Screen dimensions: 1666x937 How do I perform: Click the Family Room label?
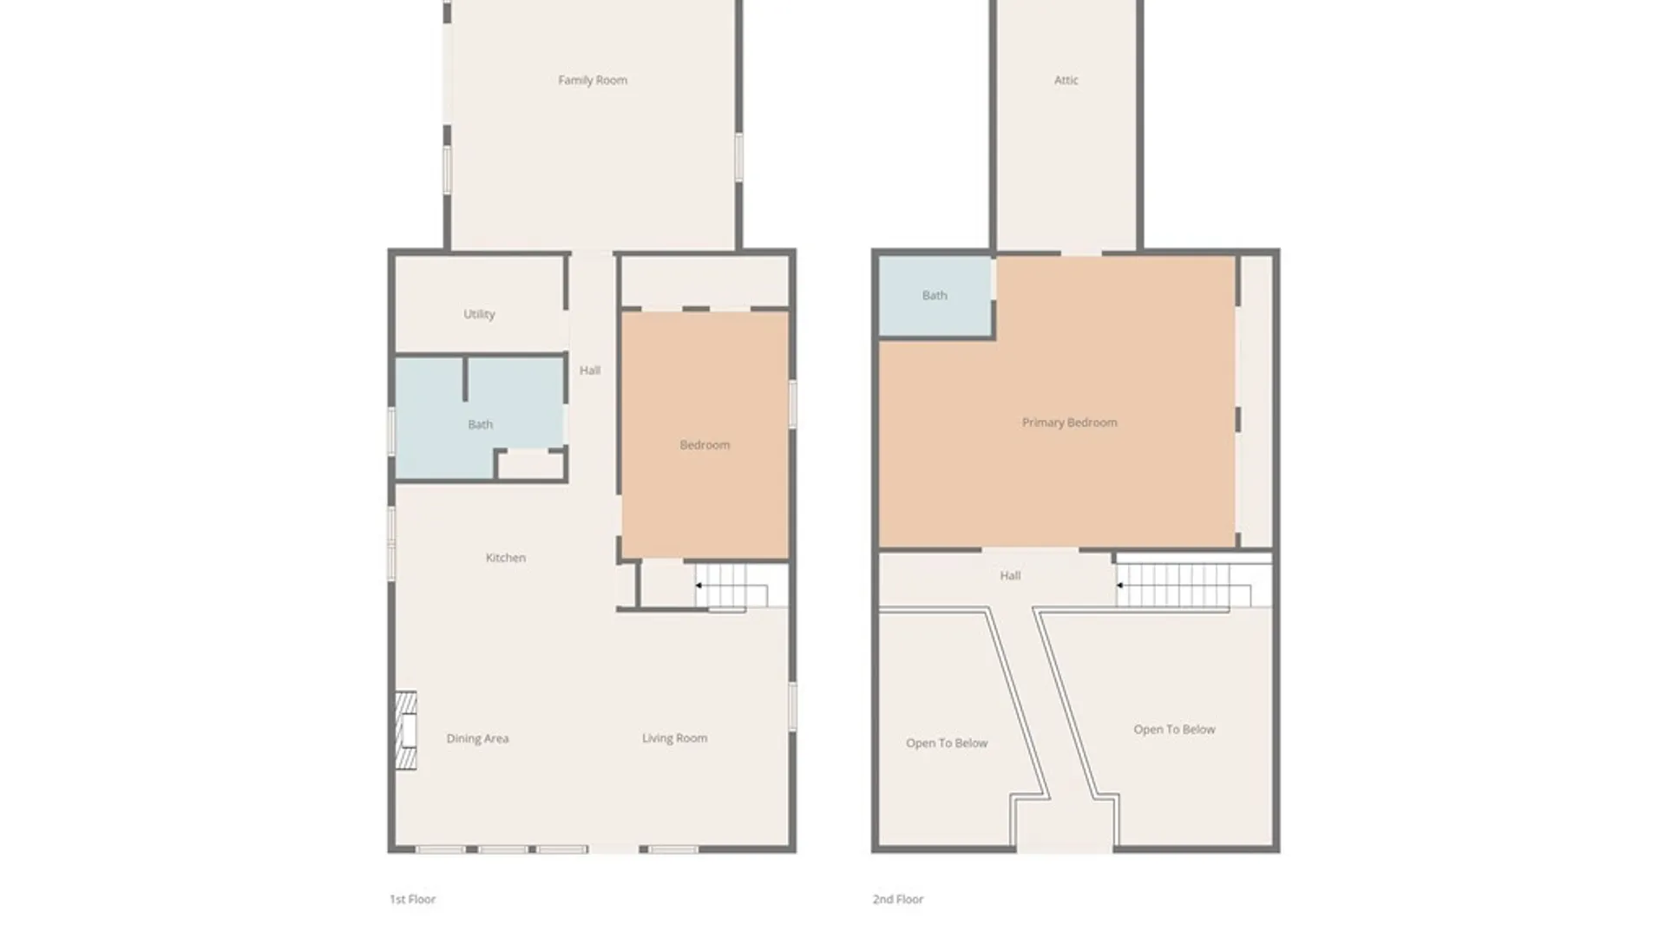click(x=593, y=80)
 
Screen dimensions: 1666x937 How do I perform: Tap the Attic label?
click(x=1066, y=80)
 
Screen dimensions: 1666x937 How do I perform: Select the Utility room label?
click(x=479, y=314)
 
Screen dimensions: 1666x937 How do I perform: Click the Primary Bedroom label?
click(x=1069, y=423)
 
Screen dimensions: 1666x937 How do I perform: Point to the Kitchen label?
click(x=506, y=558)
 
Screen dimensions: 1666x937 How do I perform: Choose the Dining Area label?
click(x=477, y=738)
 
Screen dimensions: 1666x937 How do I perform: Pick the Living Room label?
click(x=674, y=738)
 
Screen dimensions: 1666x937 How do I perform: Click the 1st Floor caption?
click(x=412, y=900)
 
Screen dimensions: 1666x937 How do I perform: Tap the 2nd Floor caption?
click(x=898, y=900)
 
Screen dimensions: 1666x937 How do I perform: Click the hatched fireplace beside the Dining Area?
click(x=406, y=731)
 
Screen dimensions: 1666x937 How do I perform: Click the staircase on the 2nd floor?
click(x=1194, y=586)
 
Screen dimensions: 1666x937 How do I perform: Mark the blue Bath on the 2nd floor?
click(x=935, y=295)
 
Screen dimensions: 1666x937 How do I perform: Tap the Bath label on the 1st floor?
click(x=480, y=424)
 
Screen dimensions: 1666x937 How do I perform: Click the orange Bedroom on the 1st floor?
click(x=705, y=435)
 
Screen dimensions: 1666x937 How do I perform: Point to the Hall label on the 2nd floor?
click(x=1010, y=575)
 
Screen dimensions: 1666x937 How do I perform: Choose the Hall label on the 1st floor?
click(x=590, y=370)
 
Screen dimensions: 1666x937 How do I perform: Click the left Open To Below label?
click(x=947, y=743)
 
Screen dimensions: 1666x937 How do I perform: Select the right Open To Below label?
click(x=1174, y=730)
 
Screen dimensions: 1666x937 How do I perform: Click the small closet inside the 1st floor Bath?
click(x=530, y=465)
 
